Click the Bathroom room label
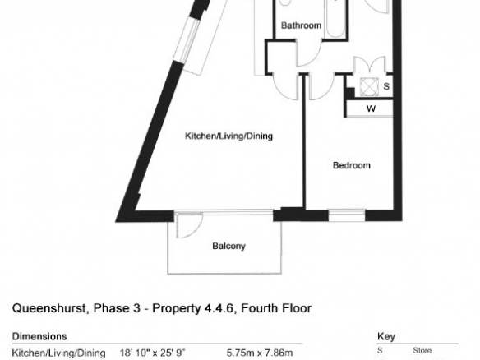click(301, 25)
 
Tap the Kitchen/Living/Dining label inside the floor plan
click(228, 136)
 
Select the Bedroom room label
click(352, 165)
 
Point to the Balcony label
click(228, 246)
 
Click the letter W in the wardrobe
click(371, 108)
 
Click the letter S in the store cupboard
click(386, 86)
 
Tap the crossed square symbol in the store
click(368, 86)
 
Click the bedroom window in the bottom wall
click(347, 215)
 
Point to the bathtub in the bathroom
click(336, 18)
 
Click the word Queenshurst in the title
click(49, 308)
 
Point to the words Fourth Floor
click(276, 308)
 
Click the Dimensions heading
click(39, 336)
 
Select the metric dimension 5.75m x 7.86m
click(259, 353)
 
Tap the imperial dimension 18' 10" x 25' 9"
click(152, 353)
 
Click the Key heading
click(386, 337)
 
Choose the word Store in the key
click(422, 350)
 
